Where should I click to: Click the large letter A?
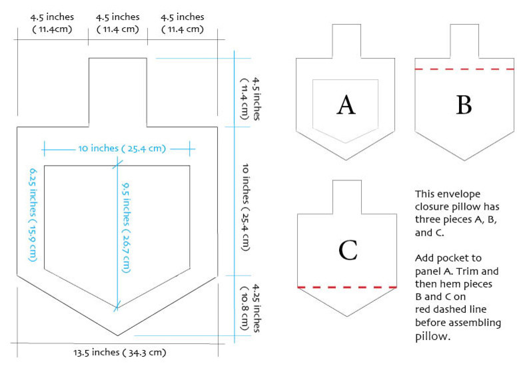(x=346, y=104)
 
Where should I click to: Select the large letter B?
(x=464, y=104)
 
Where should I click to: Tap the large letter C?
(x=347, y=250)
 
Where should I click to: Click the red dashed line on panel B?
(x=464, y=69)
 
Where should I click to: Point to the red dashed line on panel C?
(x=347, y=287)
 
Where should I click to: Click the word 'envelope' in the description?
(x=476, y=194)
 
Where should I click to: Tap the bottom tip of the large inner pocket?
(x=117, y=307)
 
